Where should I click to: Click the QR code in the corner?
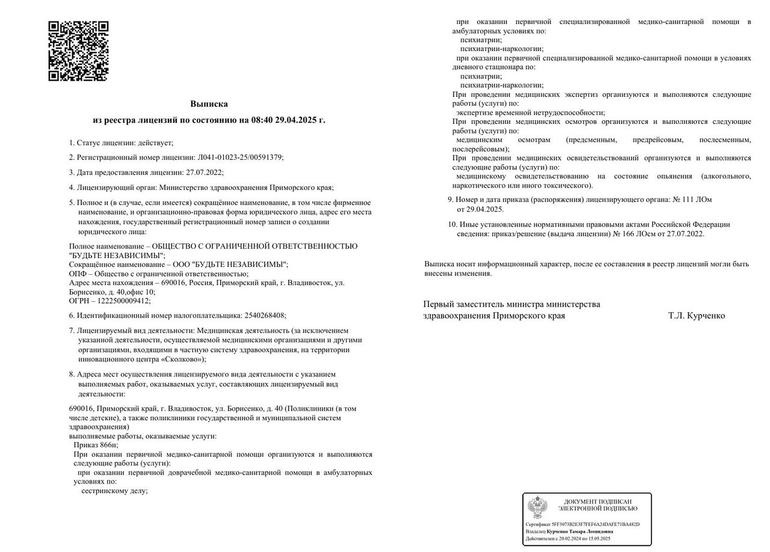[x=78, y=51]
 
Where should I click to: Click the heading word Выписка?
[x=209, y=104]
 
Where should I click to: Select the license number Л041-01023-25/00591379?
[x=240, y=157]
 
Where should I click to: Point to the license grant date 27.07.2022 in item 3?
[x=205, y=172]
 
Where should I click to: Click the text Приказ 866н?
[x=96, y=445]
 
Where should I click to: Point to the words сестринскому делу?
[x=114, y=491]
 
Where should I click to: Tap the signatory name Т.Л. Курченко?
[x=696, y=316]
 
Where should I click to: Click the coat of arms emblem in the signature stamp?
[x=537, y=508]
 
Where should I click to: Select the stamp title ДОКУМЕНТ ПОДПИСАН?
[x=597, y=501]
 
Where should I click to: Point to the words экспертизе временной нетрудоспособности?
[x=530, y=112]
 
